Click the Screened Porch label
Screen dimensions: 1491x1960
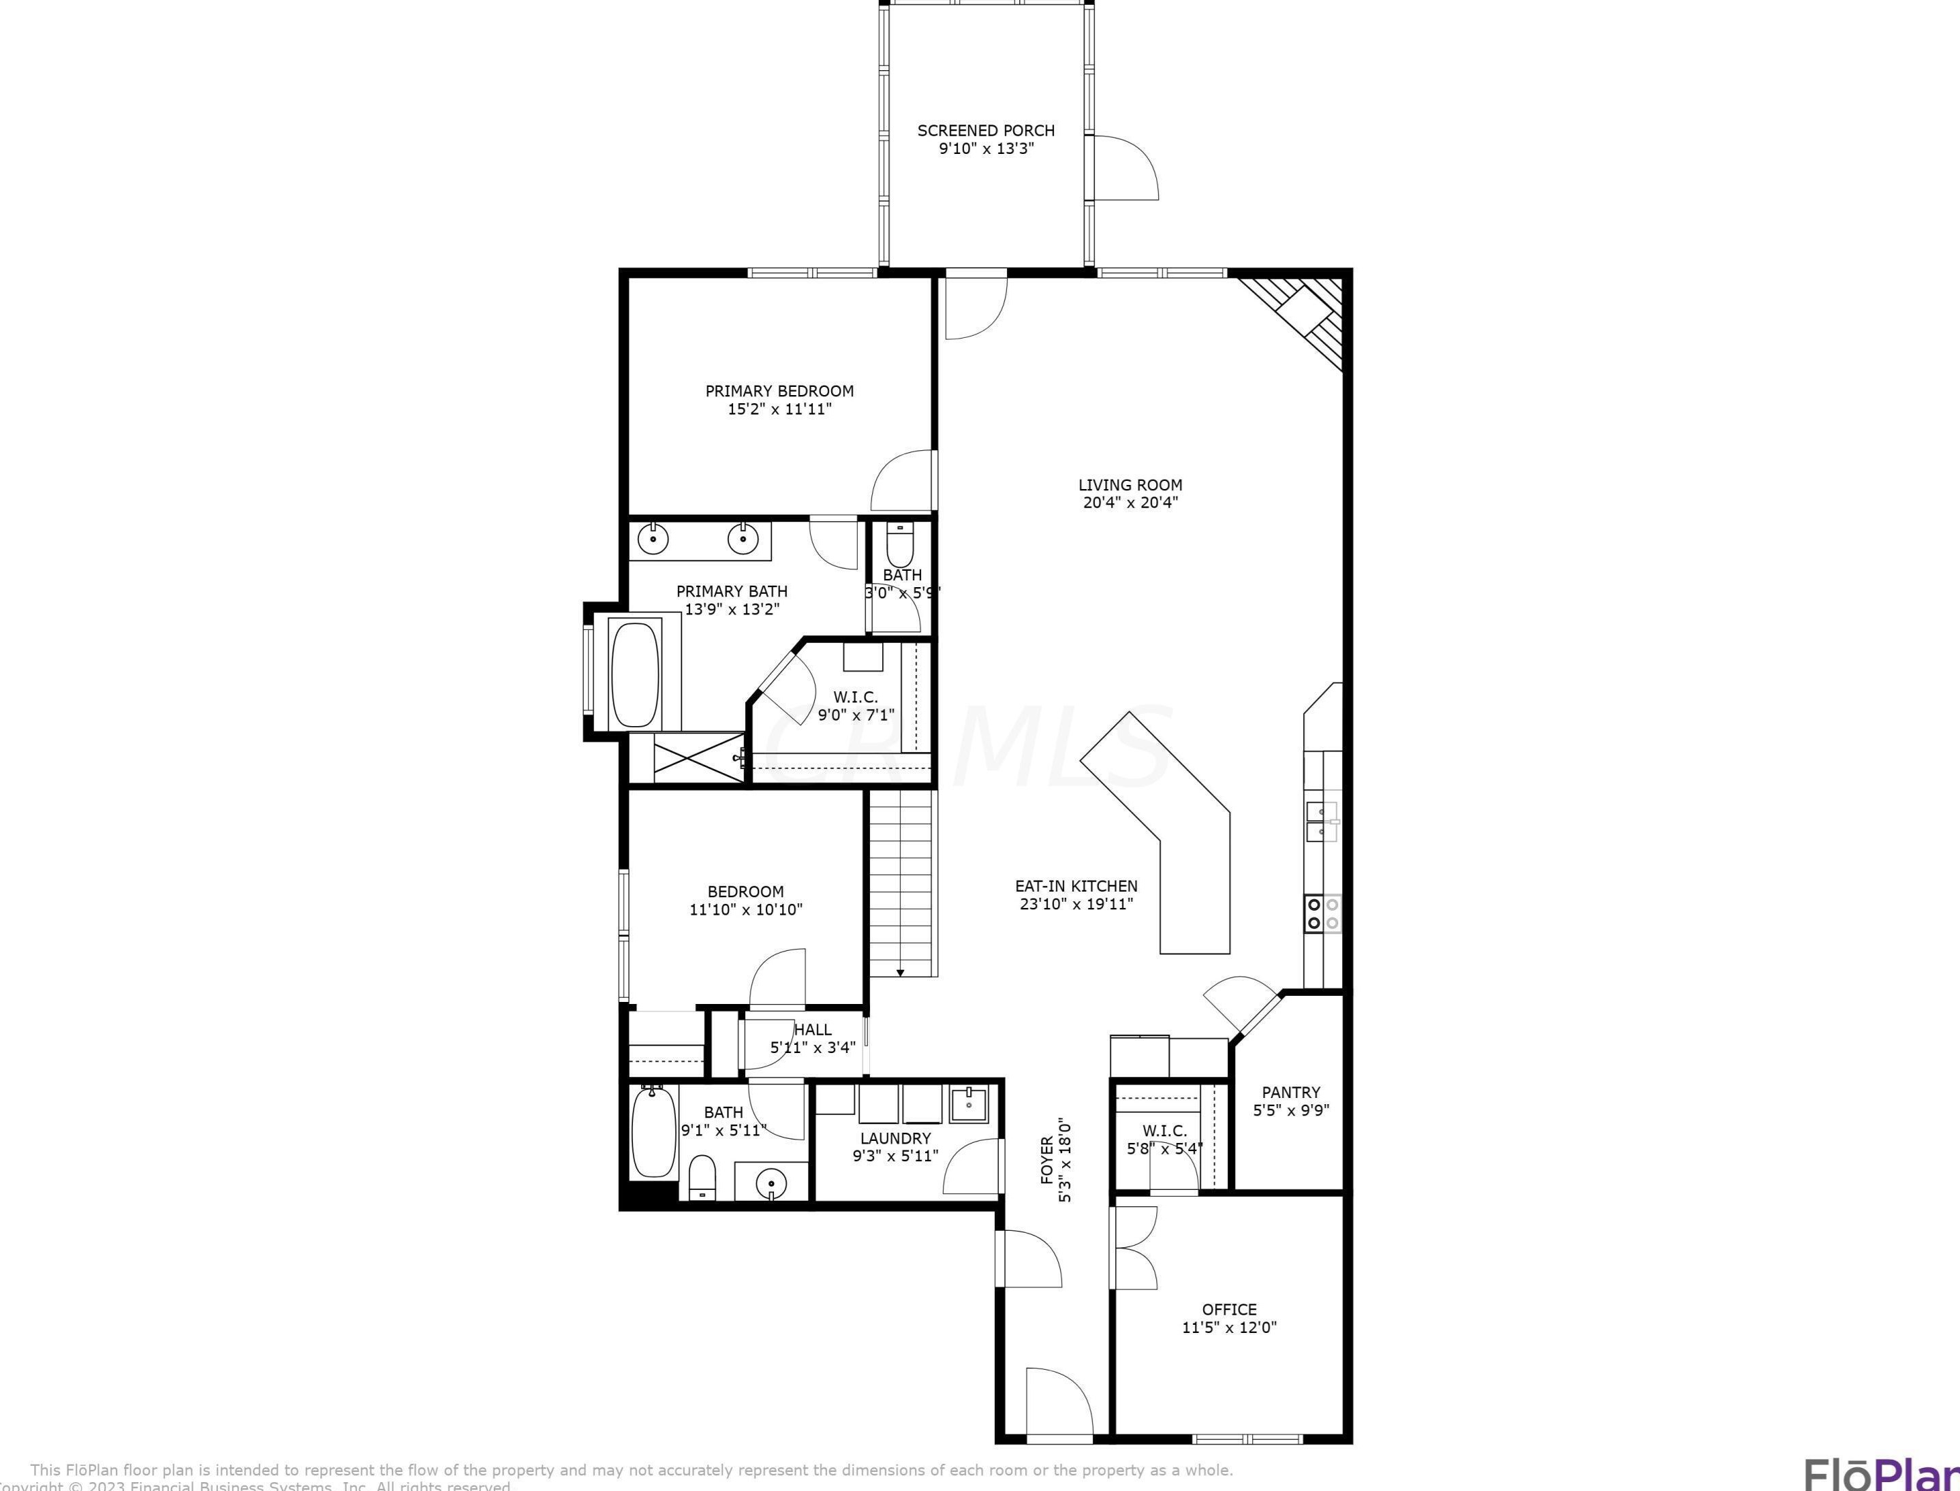[985, 131]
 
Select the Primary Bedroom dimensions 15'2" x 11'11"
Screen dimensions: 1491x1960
[779, 410]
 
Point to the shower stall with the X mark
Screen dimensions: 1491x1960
[698, 757]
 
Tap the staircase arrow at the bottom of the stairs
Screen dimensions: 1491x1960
[899, 973]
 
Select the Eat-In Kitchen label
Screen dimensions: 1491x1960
[1076, 885]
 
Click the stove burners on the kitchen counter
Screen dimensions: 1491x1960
[1322, 913]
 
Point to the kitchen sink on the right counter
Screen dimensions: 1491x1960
[1321, 821]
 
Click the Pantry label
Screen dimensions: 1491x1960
[1291, 1093]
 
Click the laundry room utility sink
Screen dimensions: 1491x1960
[969, 1105]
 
